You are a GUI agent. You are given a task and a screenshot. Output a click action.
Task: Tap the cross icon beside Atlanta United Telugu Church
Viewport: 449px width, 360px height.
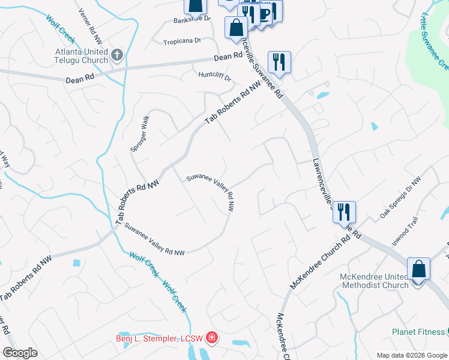coord(117,56)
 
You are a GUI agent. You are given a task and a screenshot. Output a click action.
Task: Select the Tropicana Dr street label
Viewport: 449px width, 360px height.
coord(182,42)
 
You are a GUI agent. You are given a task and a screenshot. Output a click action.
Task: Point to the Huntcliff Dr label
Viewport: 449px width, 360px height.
coord(214,75)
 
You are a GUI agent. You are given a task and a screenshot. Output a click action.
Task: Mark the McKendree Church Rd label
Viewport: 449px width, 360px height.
coord(319,262)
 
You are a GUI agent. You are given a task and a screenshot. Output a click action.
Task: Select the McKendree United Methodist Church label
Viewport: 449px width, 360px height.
coord(375,280)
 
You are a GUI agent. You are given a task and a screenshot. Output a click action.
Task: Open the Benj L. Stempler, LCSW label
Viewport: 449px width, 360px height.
coord(159,338)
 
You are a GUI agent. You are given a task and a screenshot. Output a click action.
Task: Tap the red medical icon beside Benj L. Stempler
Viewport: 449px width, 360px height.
coord(211,339)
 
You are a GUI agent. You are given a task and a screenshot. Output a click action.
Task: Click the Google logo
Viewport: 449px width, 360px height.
coord(20,353)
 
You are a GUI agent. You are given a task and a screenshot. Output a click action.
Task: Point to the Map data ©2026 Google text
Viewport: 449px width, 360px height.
coord(411,355)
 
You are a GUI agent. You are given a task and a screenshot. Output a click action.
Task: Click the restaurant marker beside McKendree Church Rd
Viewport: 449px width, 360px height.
coord(344,211)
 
